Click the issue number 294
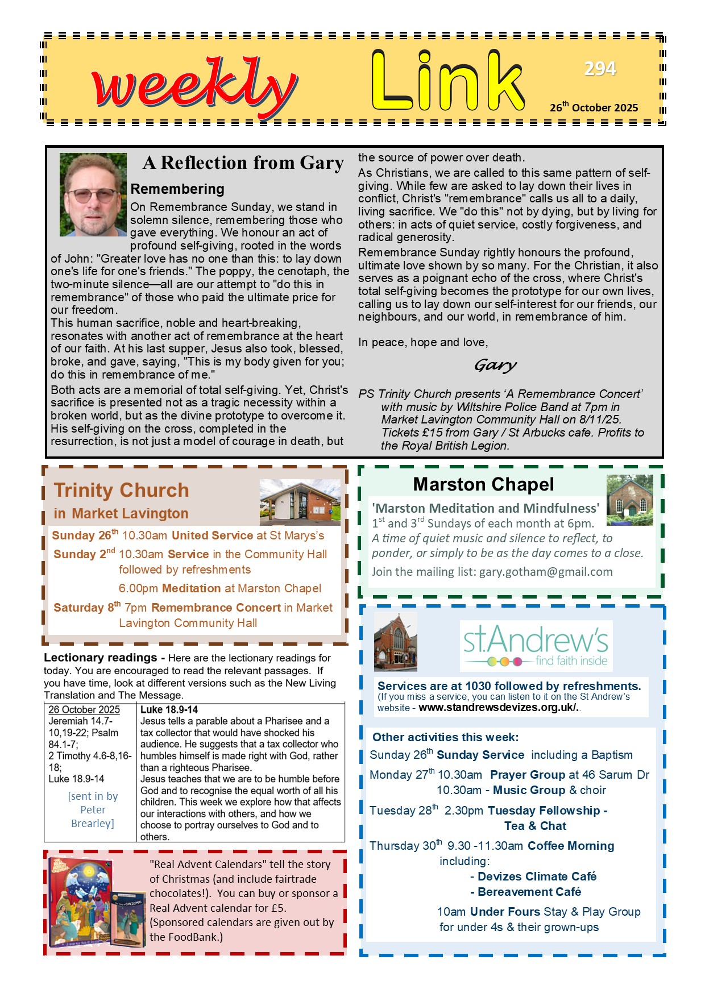(600, 69)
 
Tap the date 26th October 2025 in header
(594, 107)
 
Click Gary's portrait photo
(93, 194)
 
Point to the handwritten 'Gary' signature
(495, 365)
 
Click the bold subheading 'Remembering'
(177, 189)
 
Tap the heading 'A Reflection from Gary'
(243, 163)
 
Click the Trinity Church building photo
(300, 502)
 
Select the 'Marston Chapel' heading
(483, 484)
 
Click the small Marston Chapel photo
(629, 500)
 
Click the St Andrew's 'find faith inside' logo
(536, 646)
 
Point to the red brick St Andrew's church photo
(395, 642)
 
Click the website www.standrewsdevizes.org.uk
(498, 708)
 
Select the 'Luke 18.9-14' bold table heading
(169, 709)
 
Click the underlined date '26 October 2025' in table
(84, 709)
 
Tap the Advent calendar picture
(97, 902)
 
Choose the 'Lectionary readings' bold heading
(101, 658)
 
